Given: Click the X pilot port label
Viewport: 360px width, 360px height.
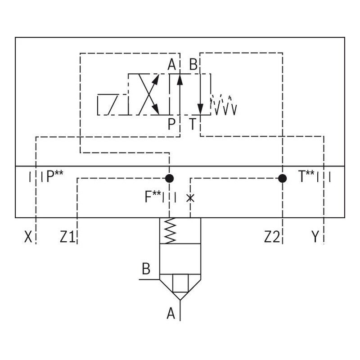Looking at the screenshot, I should (28, 237).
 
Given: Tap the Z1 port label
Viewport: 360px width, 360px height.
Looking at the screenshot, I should (67, 237).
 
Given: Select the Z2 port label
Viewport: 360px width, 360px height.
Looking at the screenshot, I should (272, 237).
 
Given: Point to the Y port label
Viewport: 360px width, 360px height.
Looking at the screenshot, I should (316, 237).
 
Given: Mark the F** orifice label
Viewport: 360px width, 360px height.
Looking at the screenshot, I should (153, 197).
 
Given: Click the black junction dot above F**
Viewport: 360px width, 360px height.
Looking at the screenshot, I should (169, 178).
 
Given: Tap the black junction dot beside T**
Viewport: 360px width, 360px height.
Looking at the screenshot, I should (282, 178).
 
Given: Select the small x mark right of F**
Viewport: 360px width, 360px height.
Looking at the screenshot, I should (190, 198).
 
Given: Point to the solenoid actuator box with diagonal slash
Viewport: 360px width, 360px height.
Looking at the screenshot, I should (112, 104).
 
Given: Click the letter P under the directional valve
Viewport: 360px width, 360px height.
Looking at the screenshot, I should (171, 124).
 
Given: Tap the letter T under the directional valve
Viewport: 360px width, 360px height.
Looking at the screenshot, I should (193, 124).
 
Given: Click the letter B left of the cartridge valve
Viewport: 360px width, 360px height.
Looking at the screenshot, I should (146, 270).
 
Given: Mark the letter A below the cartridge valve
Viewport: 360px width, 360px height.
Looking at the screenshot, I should (171, 313).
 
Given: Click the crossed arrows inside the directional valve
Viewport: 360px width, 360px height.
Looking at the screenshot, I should (149, 95).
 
